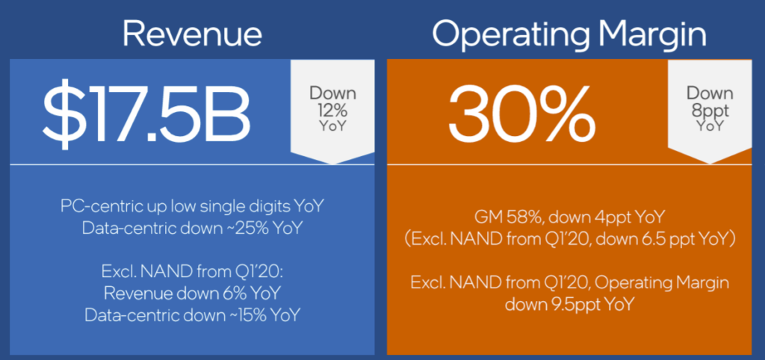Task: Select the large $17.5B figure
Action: (x=146, y=114)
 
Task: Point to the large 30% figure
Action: (x=521, y=114)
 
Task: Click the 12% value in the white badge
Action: (x=332, y=109)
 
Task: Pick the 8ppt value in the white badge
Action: (x=710, y=109)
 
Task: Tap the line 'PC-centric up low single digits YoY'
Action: (x=192, y=206)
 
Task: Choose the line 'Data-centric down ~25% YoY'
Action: (x=192, y=227)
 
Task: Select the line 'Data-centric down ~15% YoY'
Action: (x=192, y=314)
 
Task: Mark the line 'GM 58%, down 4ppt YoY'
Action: (x=569, y=219)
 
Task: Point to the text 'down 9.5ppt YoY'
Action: (x=569, y=305)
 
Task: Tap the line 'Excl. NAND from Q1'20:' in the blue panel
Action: (x=192, y=271)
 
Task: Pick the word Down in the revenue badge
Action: (x=332, y=93)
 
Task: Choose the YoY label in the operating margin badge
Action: (x=710, y=127)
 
